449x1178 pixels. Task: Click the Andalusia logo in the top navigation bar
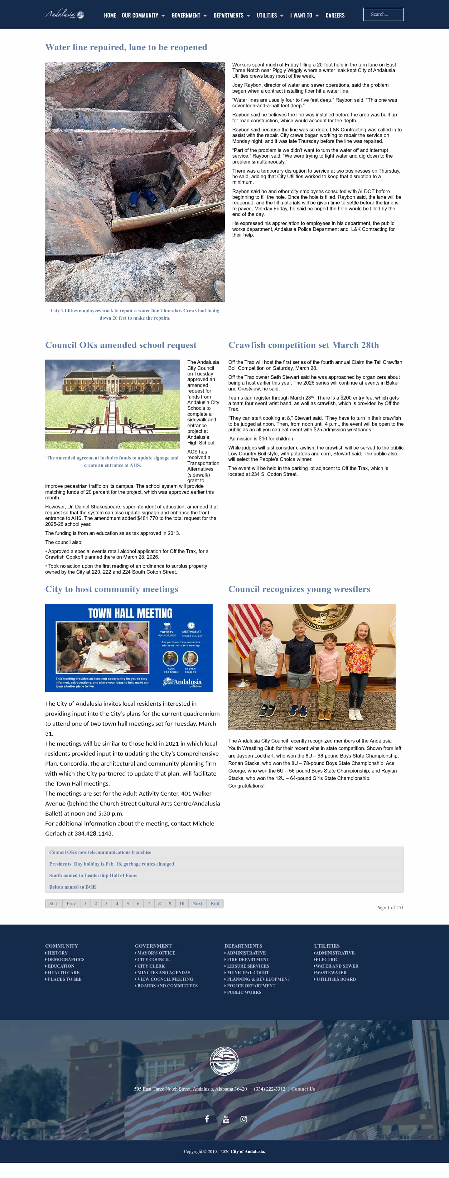(x=65, y=15)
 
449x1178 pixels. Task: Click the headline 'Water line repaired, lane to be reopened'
(x=126, y=47)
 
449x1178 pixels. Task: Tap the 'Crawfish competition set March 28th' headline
(x=303, y=345)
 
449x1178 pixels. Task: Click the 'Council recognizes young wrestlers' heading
(x=299, y=589)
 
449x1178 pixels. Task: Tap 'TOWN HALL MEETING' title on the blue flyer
(x=130, y=613)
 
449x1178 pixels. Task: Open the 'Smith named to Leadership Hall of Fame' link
(x=93, y=875)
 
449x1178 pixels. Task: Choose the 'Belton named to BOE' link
(x=73, y=887)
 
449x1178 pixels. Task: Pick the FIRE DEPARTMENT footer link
(x=248, y=960)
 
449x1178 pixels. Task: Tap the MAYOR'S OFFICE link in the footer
(x=156, y=953)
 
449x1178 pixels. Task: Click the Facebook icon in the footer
(x=207, y=1119)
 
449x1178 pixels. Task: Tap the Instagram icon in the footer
(x=244, y=1119)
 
